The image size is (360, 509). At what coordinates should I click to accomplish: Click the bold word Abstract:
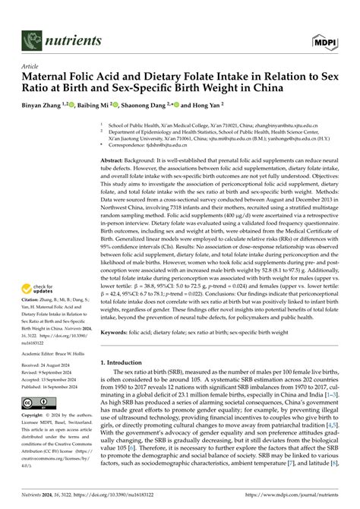(116, 161)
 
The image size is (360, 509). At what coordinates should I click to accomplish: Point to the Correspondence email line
(144, 145)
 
